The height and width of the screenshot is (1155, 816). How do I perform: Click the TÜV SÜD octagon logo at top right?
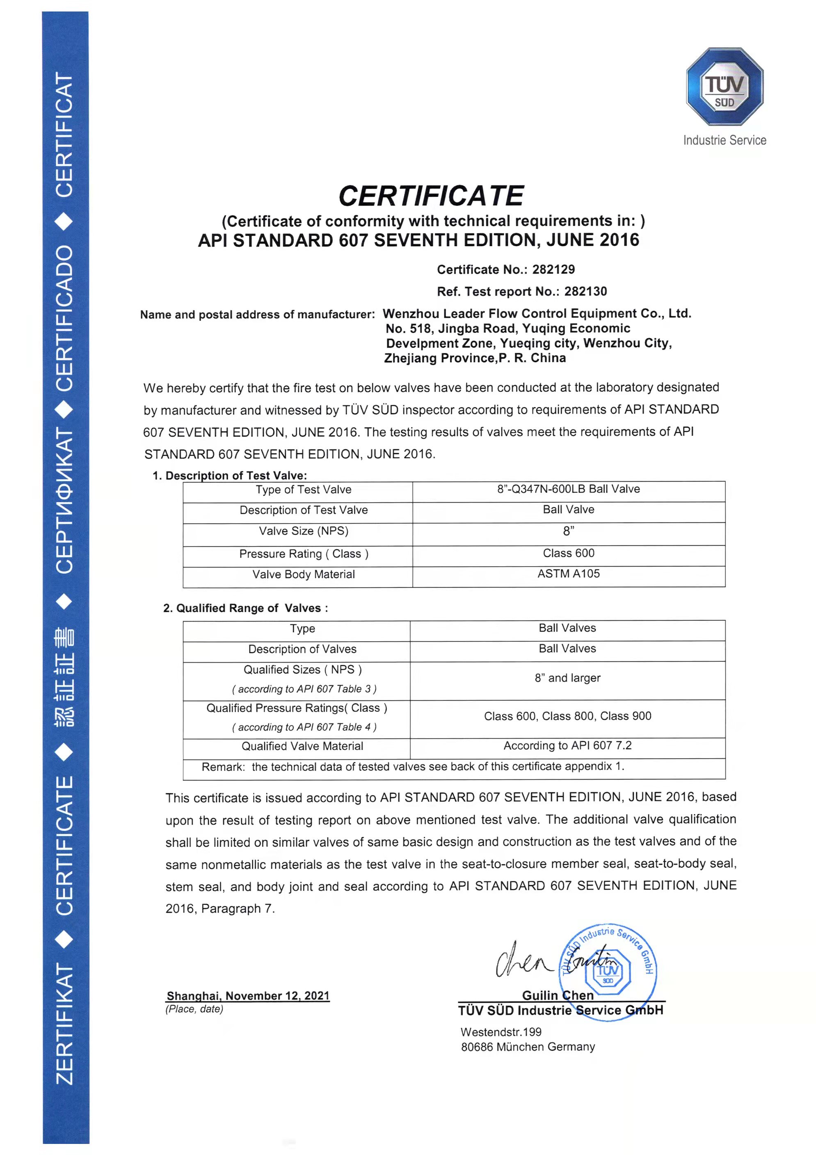click(x=725, y=87)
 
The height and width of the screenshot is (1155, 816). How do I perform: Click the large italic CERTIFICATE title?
click(x=431, y=196)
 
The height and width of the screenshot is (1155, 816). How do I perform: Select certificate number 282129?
click(x=553, y=270)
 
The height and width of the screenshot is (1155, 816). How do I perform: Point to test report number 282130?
click(x=585, y=291)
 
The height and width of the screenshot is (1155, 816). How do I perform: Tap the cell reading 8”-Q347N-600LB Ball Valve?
click(x=569, y=489)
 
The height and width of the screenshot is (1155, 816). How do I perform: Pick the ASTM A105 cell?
click(x=569, y=574)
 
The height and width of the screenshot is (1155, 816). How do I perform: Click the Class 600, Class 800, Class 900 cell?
click(x=567, y=716)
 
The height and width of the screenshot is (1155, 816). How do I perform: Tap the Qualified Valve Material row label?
click(x=302, y=746)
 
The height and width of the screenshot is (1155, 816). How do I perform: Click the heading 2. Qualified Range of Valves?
click(x=245, y=608)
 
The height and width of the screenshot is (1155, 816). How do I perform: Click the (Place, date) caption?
click(x=194, y=1009)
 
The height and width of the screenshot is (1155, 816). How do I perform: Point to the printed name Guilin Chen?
click(x=558, y=995)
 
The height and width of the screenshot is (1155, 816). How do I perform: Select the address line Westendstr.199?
click(x=501, y=1032)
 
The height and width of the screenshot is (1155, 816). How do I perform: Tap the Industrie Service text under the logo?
click(x=725, y=140)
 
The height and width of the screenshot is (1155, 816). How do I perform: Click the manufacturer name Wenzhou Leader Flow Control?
click(x=537, y=313)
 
